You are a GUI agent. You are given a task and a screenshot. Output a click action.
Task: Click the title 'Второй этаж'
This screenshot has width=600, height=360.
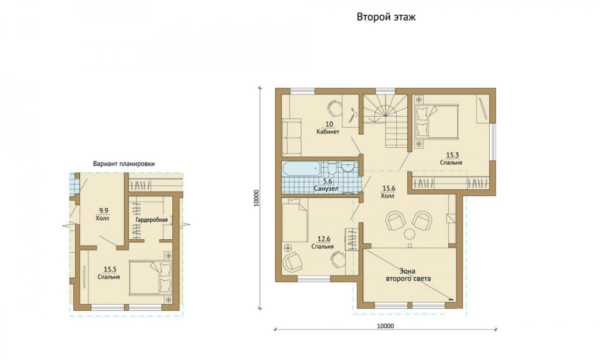click(x=386, y=17)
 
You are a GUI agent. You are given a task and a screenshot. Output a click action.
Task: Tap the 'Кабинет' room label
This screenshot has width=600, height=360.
click(x=328, y=132)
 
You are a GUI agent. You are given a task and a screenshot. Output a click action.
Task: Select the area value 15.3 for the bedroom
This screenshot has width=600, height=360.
click(x=452, y=155)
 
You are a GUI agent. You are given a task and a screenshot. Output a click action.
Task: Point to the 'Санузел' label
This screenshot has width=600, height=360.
click(x=326, y=189)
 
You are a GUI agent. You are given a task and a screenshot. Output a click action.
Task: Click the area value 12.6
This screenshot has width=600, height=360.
click(x=323, y=239)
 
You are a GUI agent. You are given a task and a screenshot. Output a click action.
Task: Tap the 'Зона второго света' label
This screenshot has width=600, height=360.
click(x=408, y=275)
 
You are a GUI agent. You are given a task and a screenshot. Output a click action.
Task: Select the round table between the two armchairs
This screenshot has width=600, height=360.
click(x=410, y=233)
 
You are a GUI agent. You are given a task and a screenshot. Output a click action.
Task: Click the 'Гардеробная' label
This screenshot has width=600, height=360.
click(x=152, y=220)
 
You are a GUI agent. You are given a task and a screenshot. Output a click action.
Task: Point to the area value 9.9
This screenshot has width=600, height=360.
click(x=103, y=210)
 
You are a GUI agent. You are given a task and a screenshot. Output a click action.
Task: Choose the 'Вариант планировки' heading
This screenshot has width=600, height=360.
click(x=124, y=164)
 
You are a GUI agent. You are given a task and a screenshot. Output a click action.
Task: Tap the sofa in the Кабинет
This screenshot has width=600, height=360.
click(x=292, y=137)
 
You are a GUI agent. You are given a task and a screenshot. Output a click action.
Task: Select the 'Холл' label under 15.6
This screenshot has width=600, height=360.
click(x=388, y=196)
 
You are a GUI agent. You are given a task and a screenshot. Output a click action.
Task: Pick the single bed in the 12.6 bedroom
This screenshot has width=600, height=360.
click(x=295, y=220)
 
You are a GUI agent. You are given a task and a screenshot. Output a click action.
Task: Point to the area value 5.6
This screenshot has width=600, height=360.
click(x=328, y=182)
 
